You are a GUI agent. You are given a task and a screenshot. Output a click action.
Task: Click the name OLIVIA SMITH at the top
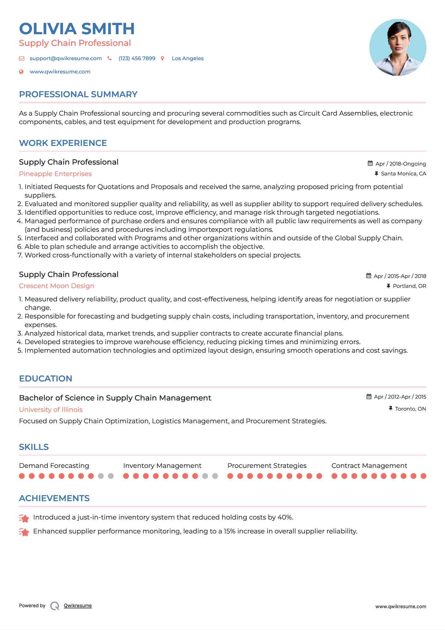point(77,29)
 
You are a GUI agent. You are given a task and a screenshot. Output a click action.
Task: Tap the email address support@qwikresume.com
point(65,58)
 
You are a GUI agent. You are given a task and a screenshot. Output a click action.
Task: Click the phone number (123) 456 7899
point(137,58)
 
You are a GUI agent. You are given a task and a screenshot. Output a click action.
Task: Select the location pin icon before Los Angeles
point(163,58)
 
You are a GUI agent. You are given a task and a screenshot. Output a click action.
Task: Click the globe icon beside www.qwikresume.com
point(21,72)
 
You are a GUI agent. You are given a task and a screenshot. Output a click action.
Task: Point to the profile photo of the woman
point(398,47)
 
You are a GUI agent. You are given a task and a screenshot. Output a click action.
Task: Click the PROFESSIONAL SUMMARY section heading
point(78,94)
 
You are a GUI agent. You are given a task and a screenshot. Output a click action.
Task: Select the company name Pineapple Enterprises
point(55,174)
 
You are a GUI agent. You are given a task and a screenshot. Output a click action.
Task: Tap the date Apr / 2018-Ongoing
point(400,164)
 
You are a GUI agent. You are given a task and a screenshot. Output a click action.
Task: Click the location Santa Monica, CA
point(403,173)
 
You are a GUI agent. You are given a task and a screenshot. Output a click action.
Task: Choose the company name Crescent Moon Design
point(57,286)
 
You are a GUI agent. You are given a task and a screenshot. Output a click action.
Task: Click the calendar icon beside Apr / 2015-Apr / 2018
point(368,276)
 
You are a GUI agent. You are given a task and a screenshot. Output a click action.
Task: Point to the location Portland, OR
point(409,286)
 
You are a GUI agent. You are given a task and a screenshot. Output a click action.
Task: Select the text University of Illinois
point(51,410)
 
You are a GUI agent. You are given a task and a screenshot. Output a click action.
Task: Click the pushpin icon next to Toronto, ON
point(391,408)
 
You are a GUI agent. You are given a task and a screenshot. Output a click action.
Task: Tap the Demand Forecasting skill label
point(54,466)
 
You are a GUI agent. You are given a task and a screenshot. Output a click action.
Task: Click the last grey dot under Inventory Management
point(215,476)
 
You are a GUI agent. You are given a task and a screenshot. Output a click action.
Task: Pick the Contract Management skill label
point(369,466)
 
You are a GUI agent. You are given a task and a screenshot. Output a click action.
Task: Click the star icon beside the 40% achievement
point(24,518)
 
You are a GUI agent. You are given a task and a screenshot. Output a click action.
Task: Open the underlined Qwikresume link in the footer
point(78,606)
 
